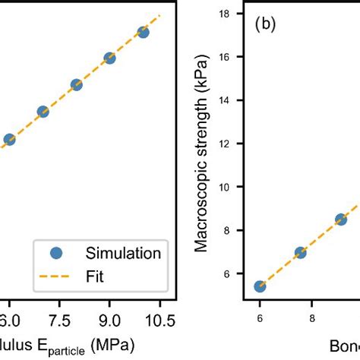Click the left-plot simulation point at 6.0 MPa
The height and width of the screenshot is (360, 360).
pyautogui.click(x=9, y=140)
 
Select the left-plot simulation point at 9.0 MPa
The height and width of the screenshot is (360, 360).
pyautogui.click(x=109, y=58)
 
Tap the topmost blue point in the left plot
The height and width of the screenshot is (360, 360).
pyautogui.click(x=143, y=32)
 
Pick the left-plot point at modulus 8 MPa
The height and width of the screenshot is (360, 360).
pyautogui.click(x=76, y=84)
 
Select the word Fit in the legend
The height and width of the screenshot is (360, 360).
pyautogui.click(x=99, y=277)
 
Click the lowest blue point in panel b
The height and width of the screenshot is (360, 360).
pyautogui.click(x=260, y=286)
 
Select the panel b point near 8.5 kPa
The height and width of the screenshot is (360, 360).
pyautogui.click(x=341, y=219)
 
